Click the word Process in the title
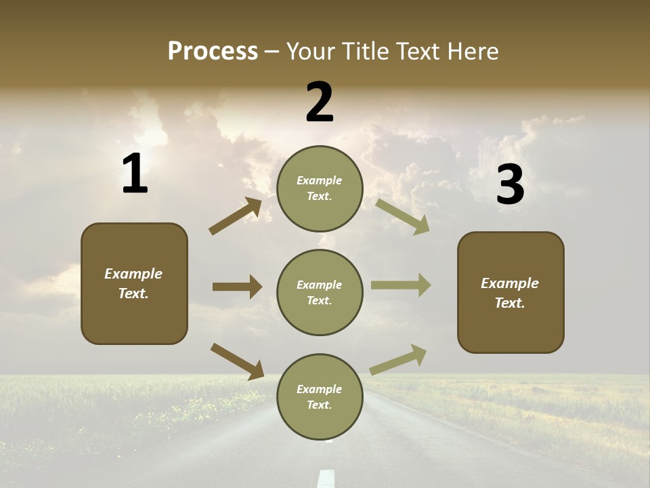click(x=213, y=52)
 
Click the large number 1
click(x=135, y=174)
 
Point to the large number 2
click(x=320, y=102)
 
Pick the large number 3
click(x=510, y=185)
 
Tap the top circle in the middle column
click(x=320, y=188)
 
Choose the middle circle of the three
click(x=320, y=292)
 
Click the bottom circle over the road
click(x=320, y=396)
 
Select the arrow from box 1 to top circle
click(x=236, y=216)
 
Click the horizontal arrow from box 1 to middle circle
click(x=237, y=287)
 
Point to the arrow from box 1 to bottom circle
click(x=237, y=361)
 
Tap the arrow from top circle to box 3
click(x=402, y=217)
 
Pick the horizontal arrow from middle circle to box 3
click(x=401, y=285)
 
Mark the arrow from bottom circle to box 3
click(x=398, y=359)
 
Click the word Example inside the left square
click(x=133, y=274)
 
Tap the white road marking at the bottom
click(x=326, y=478)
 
